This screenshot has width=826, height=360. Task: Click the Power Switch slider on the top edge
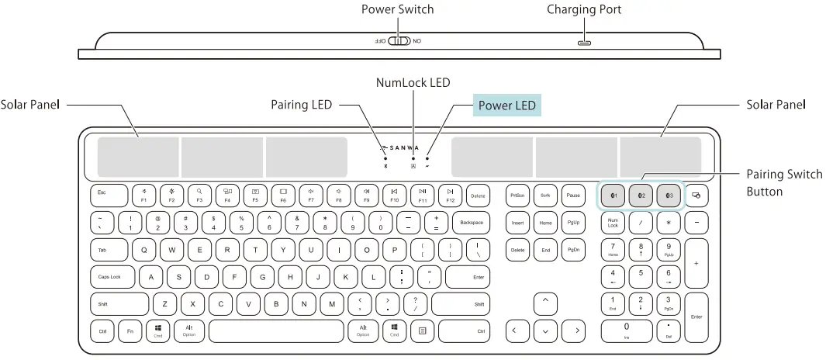pos(399,41)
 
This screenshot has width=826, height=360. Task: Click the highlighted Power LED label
pos(506,105)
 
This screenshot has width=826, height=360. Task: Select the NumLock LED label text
pos(413,82)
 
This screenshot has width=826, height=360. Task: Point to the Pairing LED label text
pos(301,105)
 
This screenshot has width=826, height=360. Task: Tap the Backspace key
pos(471,223)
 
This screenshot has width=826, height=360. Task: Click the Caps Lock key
pos(112,277)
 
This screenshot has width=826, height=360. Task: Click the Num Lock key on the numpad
pos(613,223)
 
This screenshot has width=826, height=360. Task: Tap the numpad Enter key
pos(696,317)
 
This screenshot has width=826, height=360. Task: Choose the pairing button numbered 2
pos(641,196)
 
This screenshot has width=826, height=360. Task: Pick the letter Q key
pos(144,250)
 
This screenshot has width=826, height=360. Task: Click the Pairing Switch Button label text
pos(783,182)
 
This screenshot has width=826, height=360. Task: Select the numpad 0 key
pos(626,331)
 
